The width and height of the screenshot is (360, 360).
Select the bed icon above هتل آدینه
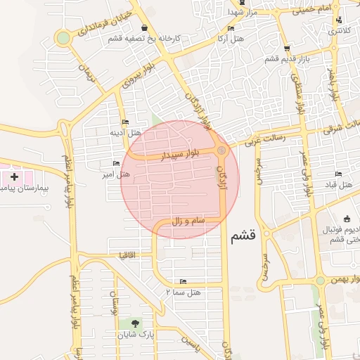(x=126, y=122)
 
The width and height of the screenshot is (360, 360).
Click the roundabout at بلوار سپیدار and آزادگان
(x=222, y=150)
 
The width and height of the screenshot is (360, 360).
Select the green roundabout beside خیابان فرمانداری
(x=63, y=38)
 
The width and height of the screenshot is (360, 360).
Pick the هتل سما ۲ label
(x=184, y=290)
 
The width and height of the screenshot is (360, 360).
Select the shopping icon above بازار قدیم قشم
(x=285, y=49)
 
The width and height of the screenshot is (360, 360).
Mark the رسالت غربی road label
(x=265, y=139)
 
